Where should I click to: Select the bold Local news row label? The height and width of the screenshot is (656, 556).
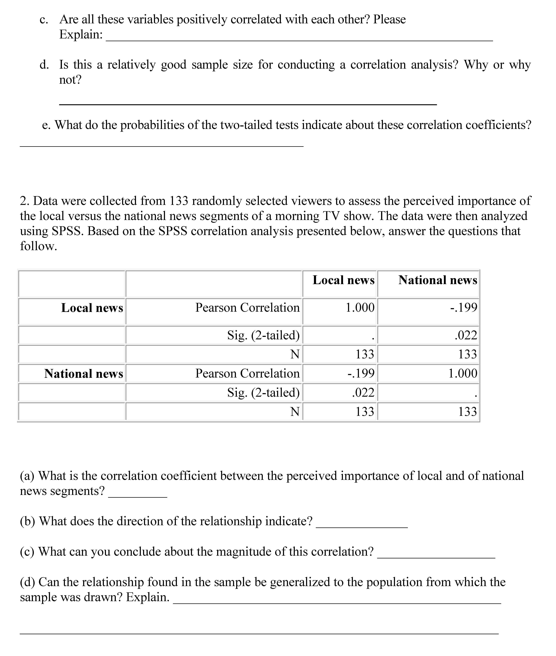click(x=92, y=308)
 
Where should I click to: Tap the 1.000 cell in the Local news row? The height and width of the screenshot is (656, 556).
click(x=360, y=307)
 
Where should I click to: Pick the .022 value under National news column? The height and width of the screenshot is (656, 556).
click(x=466, y=335)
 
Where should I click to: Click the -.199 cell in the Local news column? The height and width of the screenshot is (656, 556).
click(x=361, y=374)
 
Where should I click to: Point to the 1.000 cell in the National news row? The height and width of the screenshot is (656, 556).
click(x=463, y=374)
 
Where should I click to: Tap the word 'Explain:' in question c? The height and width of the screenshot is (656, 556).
click(x=81, y=34)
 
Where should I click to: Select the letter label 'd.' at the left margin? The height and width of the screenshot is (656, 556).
click(x=44, y=65)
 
